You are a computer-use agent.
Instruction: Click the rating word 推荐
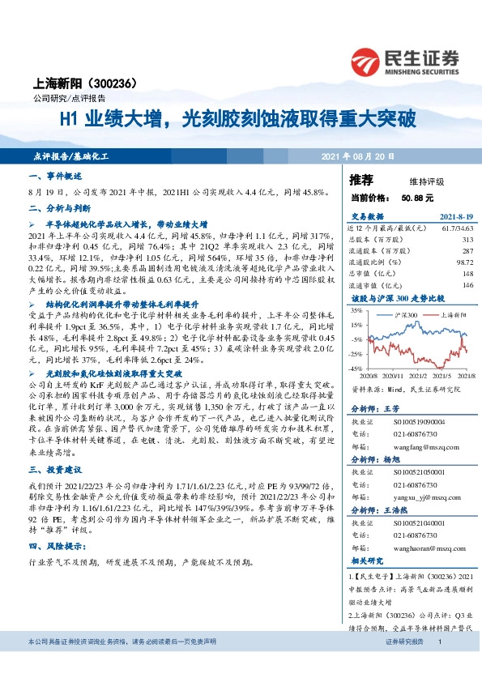361,179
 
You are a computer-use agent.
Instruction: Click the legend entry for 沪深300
409,313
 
